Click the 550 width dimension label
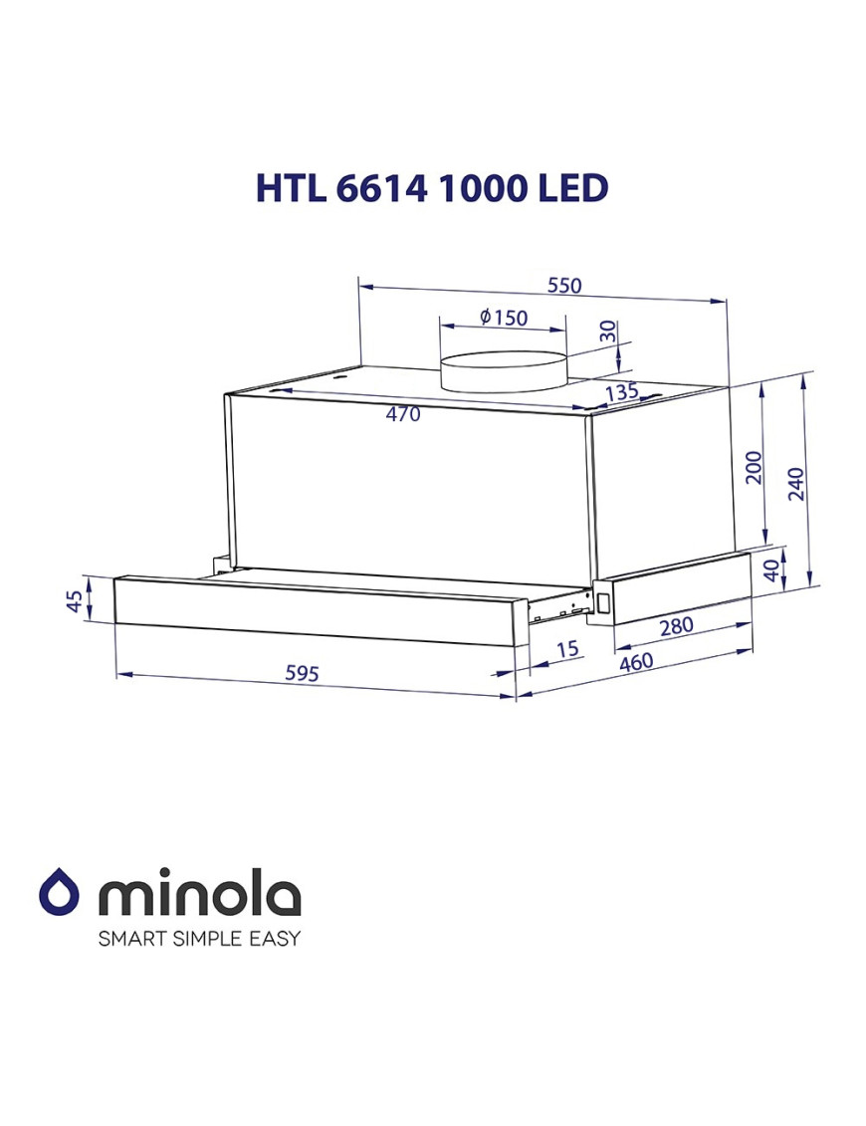pos(563,286)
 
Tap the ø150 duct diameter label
pos(503,318)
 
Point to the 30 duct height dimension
pos(607,333)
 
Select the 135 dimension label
pos(621,392)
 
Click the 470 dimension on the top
pos(403,414)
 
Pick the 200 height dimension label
pos(754,467)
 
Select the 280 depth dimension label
pos(676,626)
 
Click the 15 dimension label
pos(566,650)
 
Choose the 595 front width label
pos(302,674)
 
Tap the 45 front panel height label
pos(73,601)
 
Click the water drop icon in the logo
pos(59,891)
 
